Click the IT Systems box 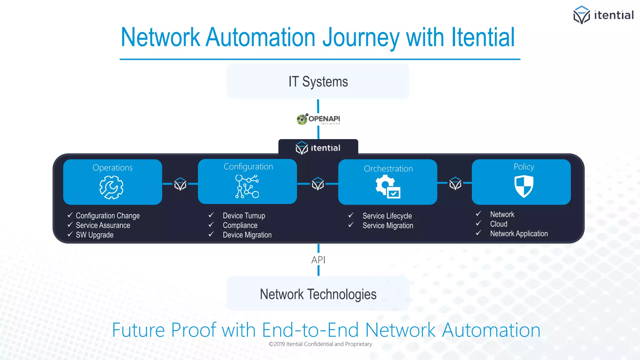click(x=318, y=81)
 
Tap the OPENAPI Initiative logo click(x=318, y=119)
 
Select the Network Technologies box click(x=318, y=294)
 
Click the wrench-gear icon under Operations click(x=111, y=187)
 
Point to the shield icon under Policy click(x=524, y=186)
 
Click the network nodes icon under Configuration click(x=247, y=186)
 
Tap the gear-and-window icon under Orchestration click(x=388, y=187)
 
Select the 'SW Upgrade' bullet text click(x=94, y=235)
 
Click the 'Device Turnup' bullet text click(x=244, y=216)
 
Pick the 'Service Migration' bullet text click(x=387, y=225)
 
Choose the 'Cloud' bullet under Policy click(x=498, y=224)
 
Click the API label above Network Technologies click(x=318, y=260)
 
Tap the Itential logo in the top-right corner click(x=603, y=15)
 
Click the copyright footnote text click(x=320, y=344)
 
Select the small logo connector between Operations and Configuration click(x=180, y=184)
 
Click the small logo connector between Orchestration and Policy click(x=455, y=184)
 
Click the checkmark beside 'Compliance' click(x=211, y=225)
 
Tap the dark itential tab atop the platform click(x=318, y=147)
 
